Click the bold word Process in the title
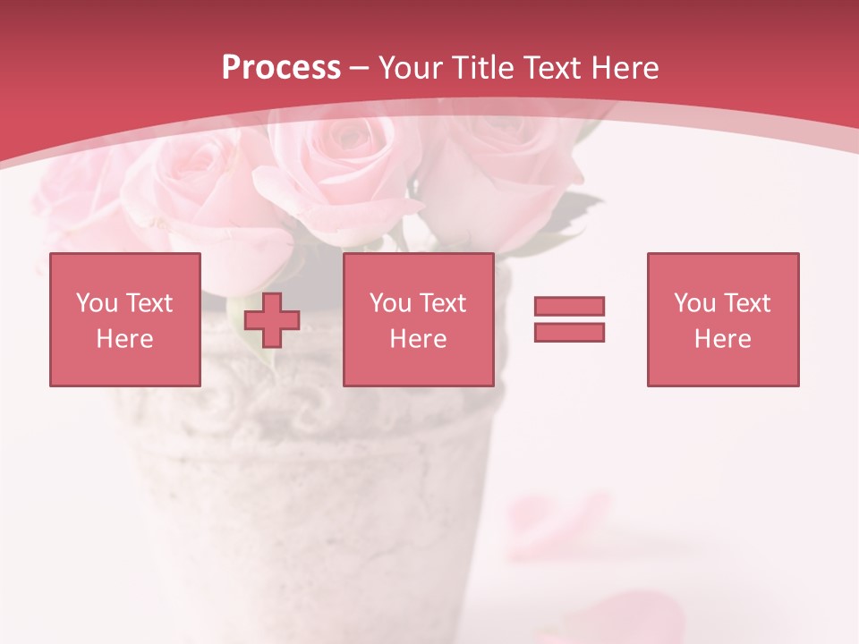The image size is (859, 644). pos(281,68)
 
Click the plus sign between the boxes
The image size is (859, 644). pos(272,320)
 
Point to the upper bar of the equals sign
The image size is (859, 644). pos(569,307)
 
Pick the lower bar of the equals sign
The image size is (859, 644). pos(569,332)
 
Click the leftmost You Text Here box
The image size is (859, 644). pos(125,319)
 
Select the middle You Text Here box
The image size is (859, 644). pos(419,319)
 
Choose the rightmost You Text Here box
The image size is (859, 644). pos(723,319)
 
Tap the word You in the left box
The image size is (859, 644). pos(97,303)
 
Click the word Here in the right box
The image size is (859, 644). pos(723,339)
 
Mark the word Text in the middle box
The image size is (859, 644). pos(442,303)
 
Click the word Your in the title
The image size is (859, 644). pos(408,68)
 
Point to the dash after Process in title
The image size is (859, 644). pos(359,68)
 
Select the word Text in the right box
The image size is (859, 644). pos(746,303)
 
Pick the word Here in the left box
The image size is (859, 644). pos(125,339)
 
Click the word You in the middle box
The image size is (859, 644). pos(390,303)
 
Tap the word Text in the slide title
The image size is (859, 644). pos(553,68)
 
